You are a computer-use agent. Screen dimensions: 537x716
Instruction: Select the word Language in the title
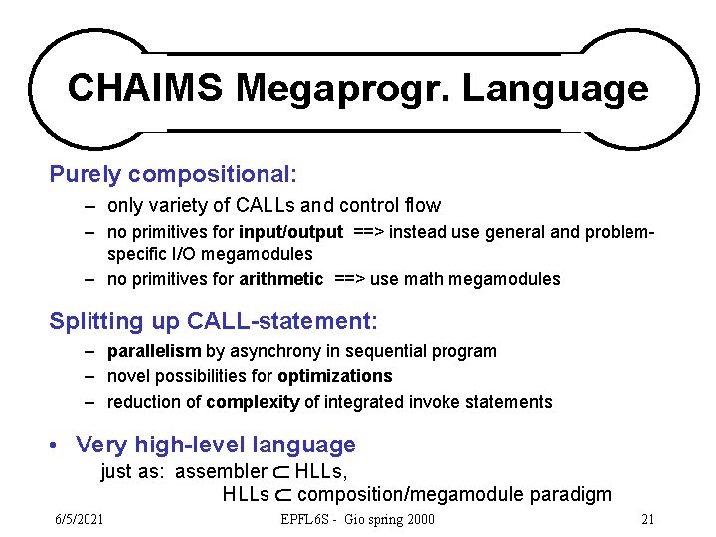555,89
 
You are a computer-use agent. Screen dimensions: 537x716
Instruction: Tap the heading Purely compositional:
173,175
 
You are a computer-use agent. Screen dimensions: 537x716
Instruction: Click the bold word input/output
291,233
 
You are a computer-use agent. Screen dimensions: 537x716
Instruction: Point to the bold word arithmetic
280,279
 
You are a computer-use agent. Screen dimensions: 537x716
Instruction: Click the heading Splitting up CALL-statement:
214,322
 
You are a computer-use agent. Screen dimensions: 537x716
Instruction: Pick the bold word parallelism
154,351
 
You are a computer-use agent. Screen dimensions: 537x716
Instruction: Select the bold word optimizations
335,376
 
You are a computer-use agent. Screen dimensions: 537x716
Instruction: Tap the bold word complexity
255,402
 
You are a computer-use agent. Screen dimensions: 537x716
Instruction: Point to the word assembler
221,471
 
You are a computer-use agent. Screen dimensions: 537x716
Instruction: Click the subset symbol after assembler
280,472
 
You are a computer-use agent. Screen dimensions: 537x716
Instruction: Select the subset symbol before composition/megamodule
282,495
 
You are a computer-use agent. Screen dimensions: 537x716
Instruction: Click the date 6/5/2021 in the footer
79,519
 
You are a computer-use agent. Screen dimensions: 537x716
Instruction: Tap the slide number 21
647,519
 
